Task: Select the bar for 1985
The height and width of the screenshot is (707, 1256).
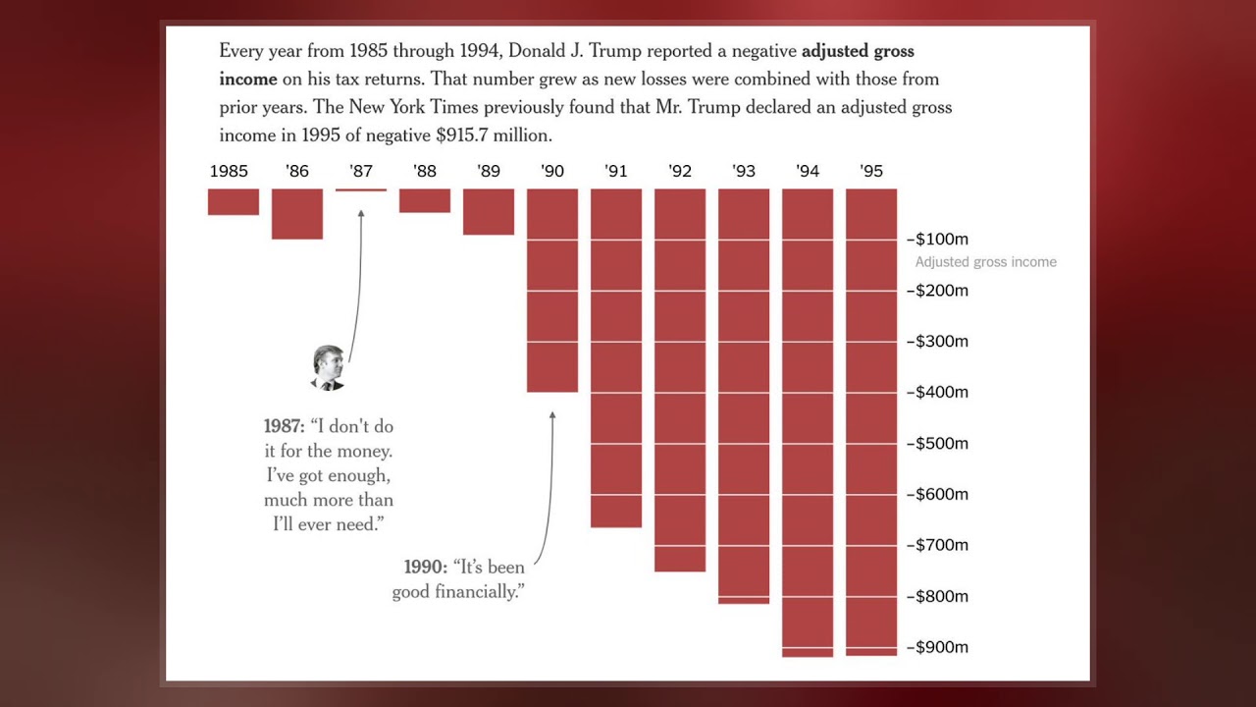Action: pyautogui.click(x=234, y=201)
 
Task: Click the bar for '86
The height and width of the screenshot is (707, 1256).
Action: pyautogui.click(x=297, y=213)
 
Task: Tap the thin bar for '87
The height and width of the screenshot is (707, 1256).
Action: pyautogui.click(x=361, y=190)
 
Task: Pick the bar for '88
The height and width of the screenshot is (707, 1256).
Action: pyautogui.click(x=425, y=200)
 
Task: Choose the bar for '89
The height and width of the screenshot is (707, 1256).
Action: pyautogui.click(x=489, y=211)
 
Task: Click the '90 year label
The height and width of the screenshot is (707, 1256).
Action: pyautogui.click(x=552, y=171)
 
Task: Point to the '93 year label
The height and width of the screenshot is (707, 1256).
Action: pyautogui.click(x=744, y=171)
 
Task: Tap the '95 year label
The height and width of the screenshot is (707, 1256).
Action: pyautogui.click(x=871, y=171)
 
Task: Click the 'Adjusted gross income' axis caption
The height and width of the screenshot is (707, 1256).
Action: pyautogui.click(x=985, y=262)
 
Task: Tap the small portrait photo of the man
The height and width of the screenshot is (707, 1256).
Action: pyautogui.click(x=328, y=368)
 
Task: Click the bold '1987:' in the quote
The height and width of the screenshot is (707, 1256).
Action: pyautogui.click(x=285, y=427)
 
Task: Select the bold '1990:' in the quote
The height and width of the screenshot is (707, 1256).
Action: pyautogui.click(x=425, y=568)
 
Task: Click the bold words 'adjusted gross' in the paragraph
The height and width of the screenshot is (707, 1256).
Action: pyautogui.click(x=858, y=51)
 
